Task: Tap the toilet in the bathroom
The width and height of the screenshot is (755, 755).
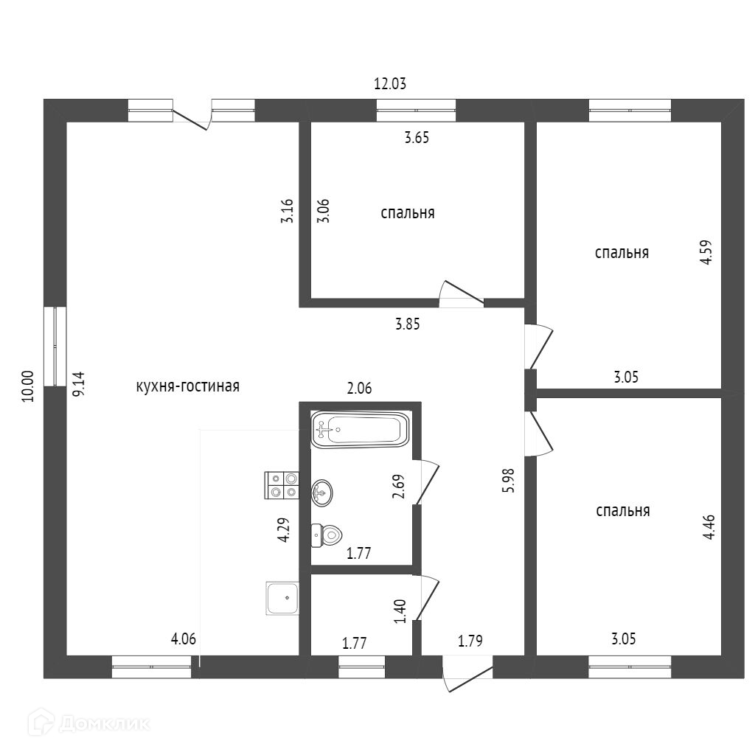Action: [327, 534]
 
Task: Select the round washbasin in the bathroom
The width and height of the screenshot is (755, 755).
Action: [321, 492]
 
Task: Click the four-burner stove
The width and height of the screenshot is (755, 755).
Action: [282, 485]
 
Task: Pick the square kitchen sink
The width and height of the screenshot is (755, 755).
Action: [283, 598]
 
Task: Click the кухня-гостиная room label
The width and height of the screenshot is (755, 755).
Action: [188, 386]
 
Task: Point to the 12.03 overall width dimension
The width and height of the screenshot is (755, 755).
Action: [390, 83]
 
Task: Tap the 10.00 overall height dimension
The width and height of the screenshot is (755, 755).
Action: [28, 386]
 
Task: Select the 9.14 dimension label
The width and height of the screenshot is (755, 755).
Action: [79, 384]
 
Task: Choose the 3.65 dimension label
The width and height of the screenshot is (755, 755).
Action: [417, 137]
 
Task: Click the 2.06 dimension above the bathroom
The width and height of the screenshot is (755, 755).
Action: [359, 389]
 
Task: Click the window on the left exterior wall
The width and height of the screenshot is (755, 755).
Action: [55, 346]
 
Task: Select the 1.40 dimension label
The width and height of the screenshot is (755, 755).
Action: [400, 611]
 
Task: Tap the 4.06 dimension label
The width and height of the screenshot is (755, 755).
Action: [184, 639]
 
